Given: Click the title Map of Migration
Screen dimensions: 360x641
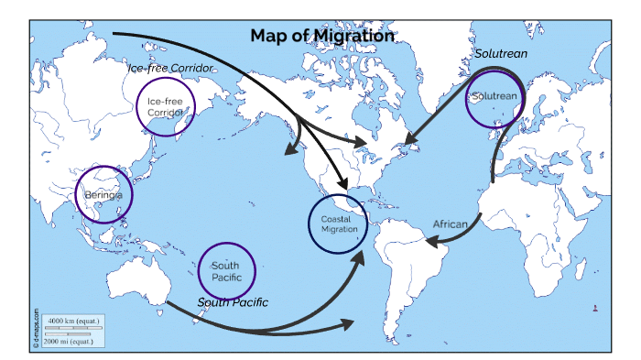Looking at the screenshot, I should pos(322,36).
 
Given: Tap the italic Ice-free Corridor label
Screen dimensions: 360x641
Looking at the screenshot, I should pos(170,69).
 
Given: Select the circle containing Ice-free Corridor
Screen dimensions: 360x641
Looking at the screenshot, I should pos(166,105).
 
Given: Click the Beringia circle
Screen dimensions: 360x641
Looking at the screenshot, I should pos(103,195).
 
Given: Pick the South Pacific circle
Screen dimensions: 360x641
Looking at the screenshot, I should pos(226,270).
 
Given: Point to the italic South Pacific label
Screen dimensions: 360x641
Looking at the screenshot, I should pos(233,301).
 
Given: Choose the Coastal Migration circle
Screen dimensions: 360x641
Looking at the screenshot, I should pos(339,223).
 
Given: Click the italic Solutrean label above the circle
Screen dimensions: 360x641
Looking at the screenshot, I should pos(501,54).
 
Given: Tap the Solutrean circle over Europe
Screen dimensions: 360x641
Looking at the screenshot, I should pos(494,97).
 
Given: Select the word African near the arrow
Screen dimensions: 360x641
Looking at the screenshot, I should pos(451,224).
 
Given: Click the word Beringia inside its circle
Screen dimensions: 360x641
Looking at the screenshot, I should pos(103,196).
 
